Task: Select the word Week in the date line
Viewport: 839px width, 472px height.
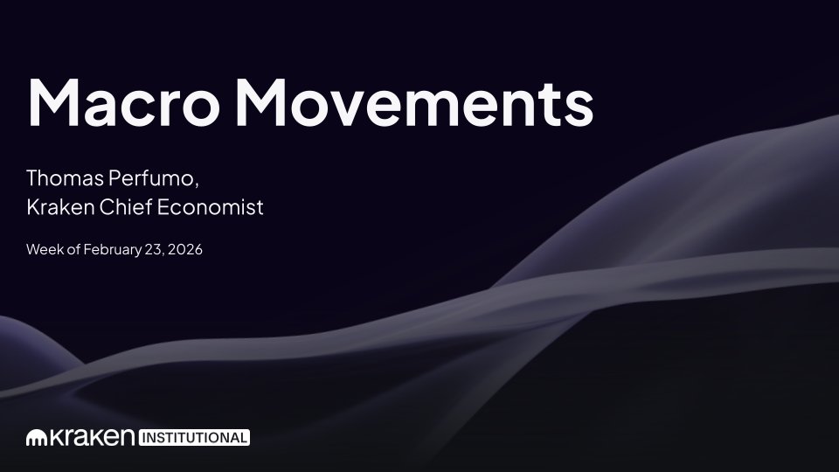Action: coord(42,250)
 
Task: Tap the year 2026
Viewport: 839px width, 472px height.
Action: coord(184,250)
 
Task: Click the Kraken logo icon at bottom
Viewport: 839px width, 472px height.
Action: coord(36,436)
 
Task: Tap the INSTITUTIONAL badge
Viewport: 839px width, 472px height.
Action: coord(194,437)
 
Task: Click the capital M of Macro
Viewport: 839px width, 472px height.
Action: coord(52,102)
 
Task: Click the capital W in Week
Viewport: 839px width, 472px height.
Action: coord(33,250)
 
